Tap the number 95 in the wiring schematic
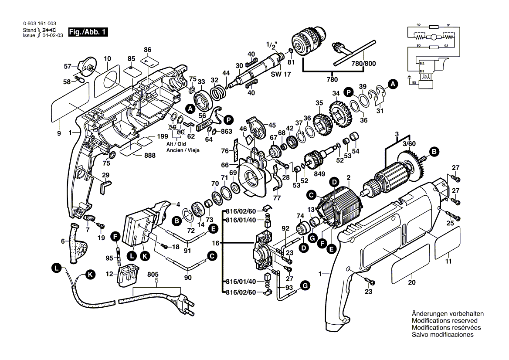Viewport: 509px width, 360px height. pyautogui.click(x=414, y=82)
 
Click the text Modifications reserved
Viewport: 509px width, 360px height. pyautogui.click(x=442, y=320)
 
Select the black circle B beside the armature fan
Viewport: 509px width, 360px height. pyautogui.click(x=434, y=151)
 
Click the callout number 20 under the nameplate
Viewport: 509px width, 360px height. pyautogui.click(x=411, y=282)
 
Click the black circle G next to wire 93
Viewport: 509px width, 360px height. pyautogui.click(x=305, y=286)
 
